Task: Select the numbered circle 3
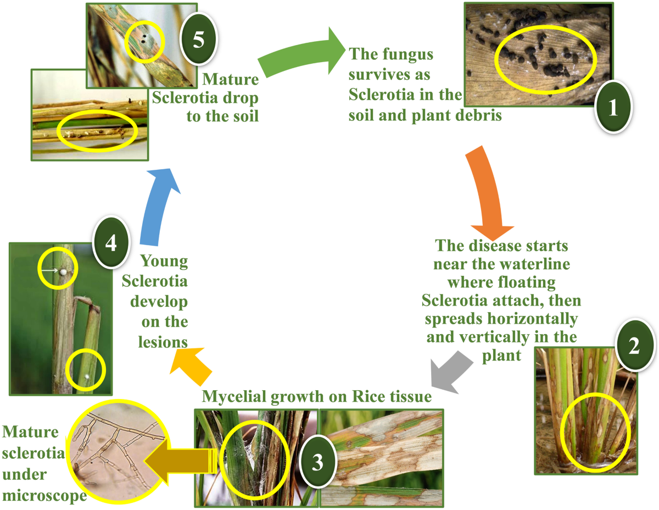(317, 463)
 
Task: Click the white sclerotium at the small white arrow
(64, 271)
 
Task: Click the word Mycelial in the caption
(233, 396)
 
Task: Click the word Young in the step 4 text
(164, 262)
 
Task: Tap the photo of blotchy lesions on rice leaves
(382, 457)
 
